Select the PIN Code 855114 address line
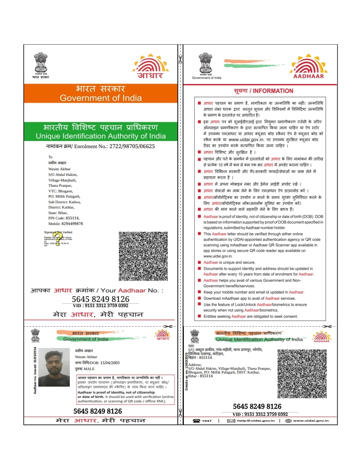64,218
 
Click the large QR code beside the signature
143,256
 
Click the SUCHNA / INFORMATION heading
263,91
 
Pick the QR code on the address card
302,373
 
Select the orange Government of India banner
100,93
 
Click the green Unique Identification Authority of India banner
100,131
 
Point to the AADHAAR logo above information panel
308,67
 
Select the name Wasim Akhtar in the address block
57,169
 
